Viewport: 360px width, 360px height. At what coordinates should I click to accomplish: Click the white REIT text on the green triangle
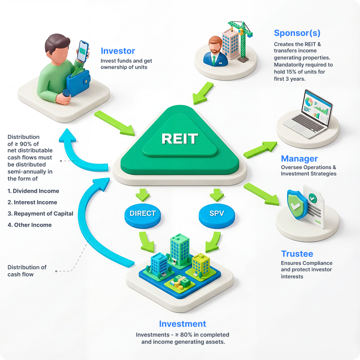(x=180, y=139)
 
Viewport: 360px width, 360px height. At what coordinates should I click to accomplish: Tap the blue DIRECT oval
(x=142, y=213)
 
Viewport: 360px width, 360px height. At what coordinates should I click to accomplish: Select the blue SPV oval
(x=217, y=213)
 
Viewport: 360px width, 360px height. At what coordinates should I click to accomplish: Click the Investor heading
(x=118, y=51)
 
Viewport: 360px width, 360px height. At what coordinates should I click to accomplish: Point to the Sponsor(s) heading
(x=297, y=33)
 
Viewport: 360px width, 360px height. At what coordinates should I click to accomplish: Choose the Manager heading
(x=299, y=159)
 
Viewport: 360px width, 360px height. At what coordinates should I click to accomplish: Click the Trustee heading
(x=297, y=254)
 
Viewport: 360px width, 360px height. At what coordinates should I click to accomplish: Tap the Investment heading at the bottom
(x=182, y=324)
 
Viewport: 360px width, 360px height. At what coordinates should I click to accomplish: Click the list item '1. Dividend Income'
(x=33, y=191)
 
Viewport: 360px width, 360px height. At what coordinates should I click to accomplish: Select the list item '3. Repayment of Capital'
(x=41, y=213)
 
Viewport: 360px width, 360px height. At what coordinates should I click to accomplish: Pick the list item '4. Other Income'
(x=30, y=225)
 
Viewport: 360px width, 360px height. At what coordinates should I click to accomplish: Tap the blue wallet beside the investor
(x=78, y=82)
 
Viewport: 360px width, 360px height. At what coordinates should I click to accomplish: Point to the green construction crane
(x=243, y=38)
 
